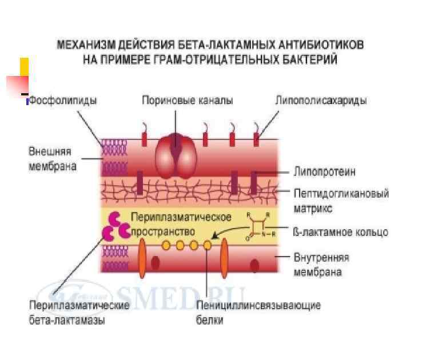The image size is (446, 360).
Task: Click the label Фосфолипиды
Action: point(63,101)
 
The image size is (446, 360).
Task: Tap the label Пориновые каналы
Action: point(187,101)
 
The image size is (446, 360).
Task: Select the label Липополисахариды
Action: point(321,101)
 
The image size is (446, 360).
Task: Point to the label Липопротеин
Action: point(324,171)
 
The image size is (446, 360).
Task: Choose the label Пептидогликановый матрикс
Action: point(341,201)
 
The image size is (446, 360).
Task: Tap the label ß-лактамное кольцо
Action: point(340,232)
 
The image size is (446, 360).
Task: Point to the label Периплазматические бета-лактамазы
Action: point(79,312)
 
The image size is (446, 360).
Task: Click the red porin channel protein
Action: point(177,155)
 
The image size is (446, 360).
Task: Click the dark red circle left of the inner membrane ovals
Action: point(156,263)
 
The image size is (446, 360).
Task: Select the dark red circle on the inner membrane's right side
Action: point(254,265)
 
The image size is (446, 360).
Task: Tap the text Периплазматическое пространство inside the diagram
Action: point(180,224)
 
